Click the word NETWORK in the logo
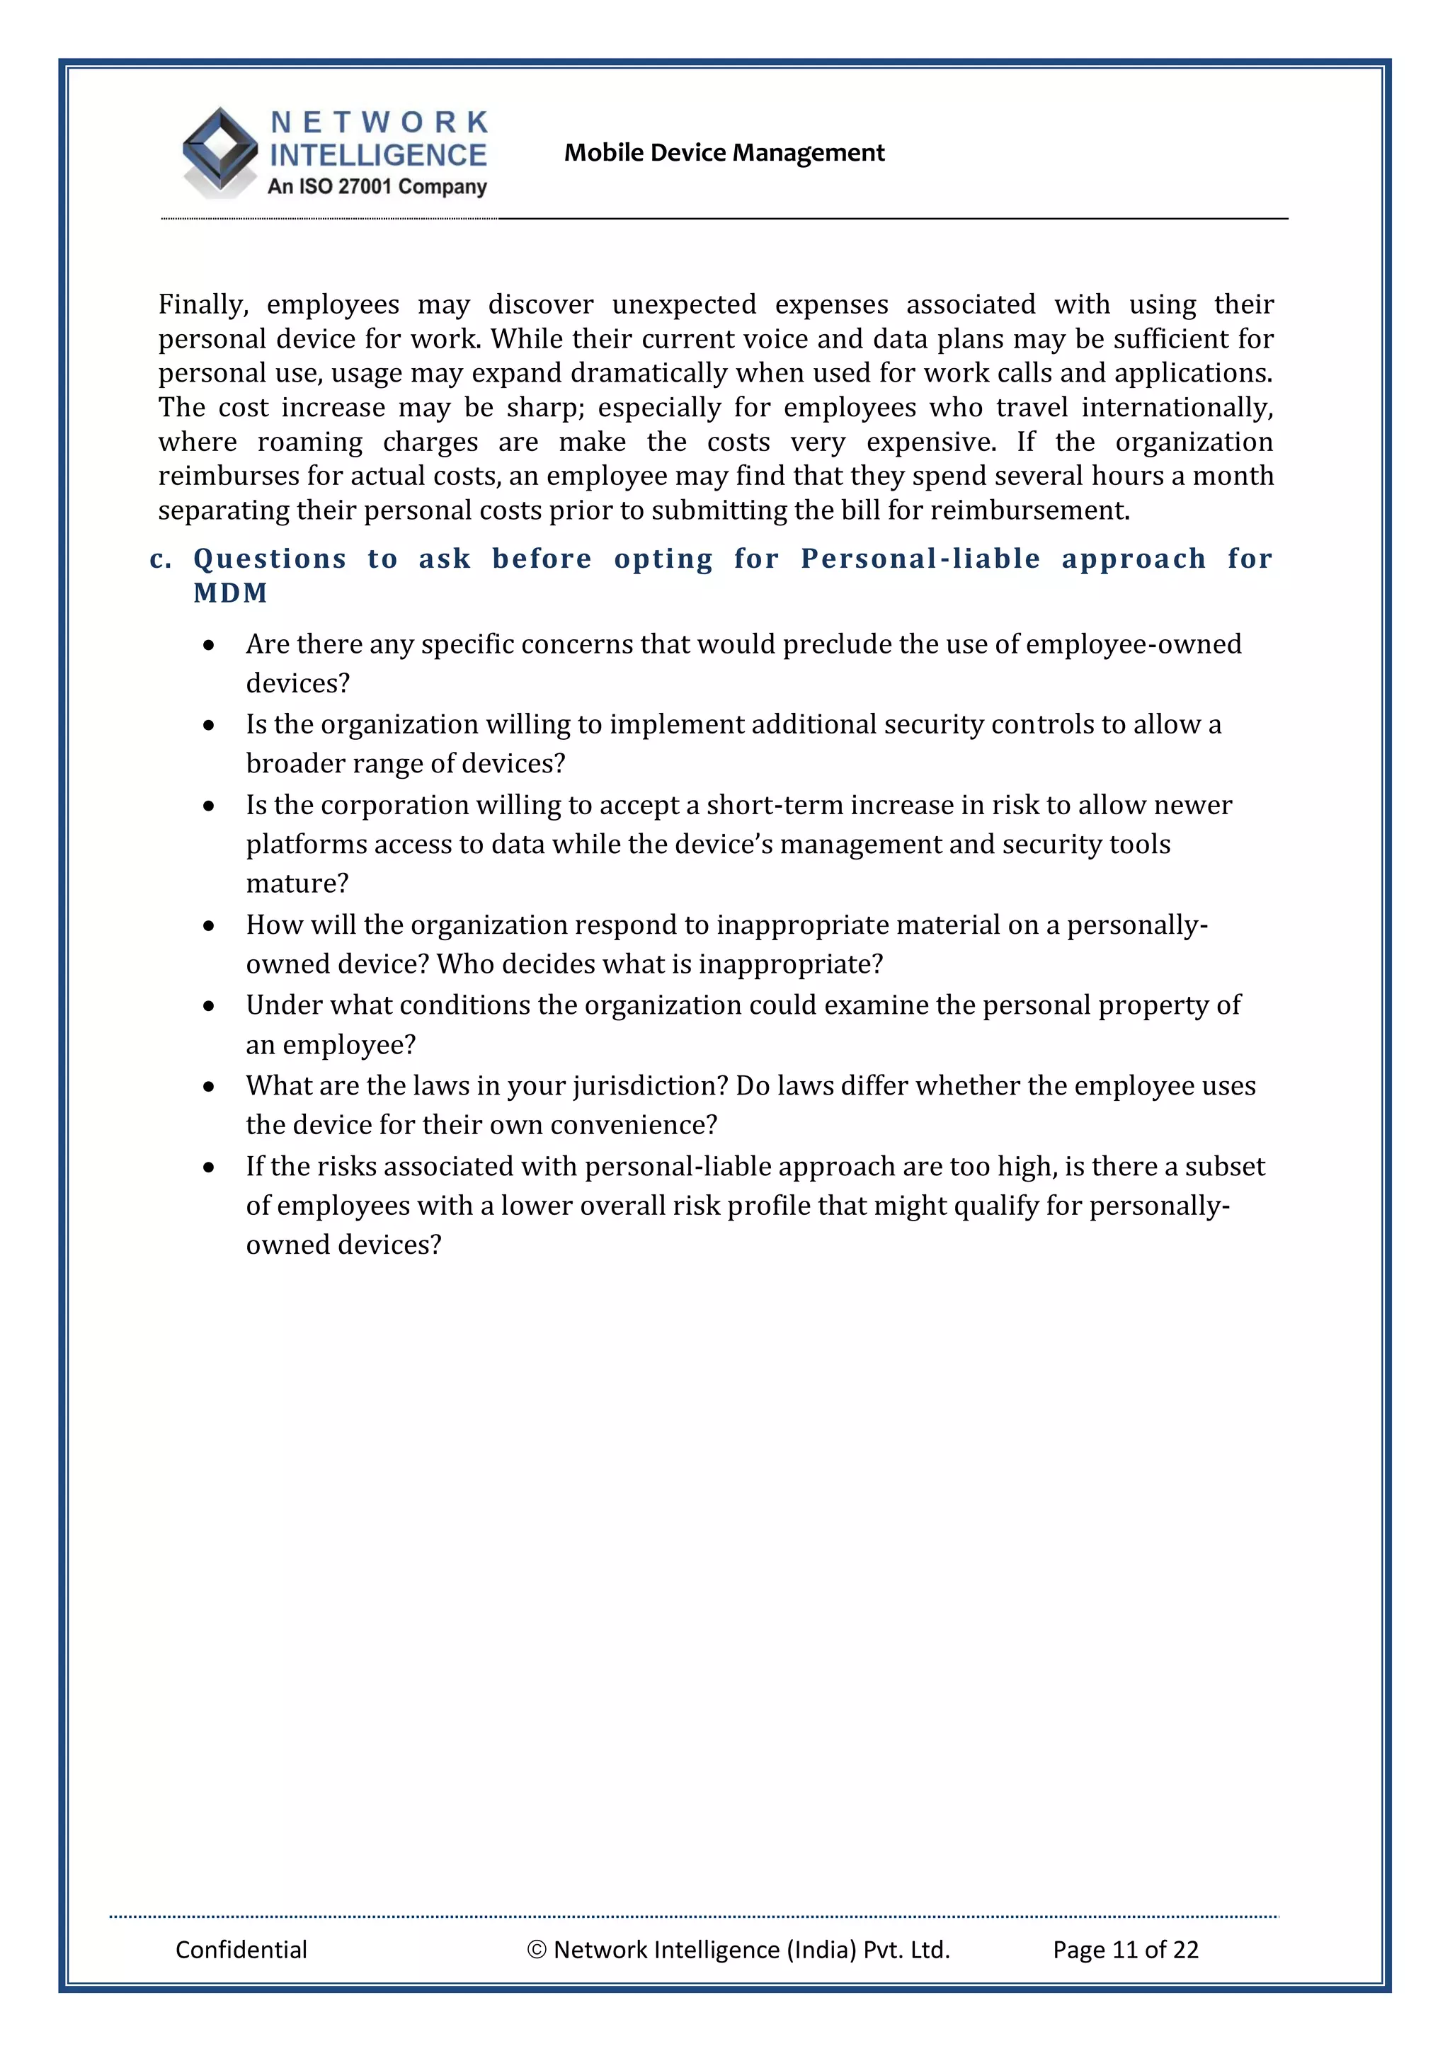[379, 122]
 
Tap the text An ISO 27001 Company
[377, 187]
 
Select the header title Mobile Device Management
[724, 153]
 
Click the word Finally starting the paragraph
[202, 304]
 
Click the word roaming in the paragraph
[310, 442]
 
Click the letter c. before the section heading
[161, 559]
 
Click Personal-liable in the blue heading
[920, 559]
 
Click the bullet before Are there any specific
[209, 645]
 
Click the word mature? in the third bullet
[297, 884]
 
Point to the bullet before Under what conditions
[209, 1006]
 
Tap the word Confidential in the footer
[241, 1949]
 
